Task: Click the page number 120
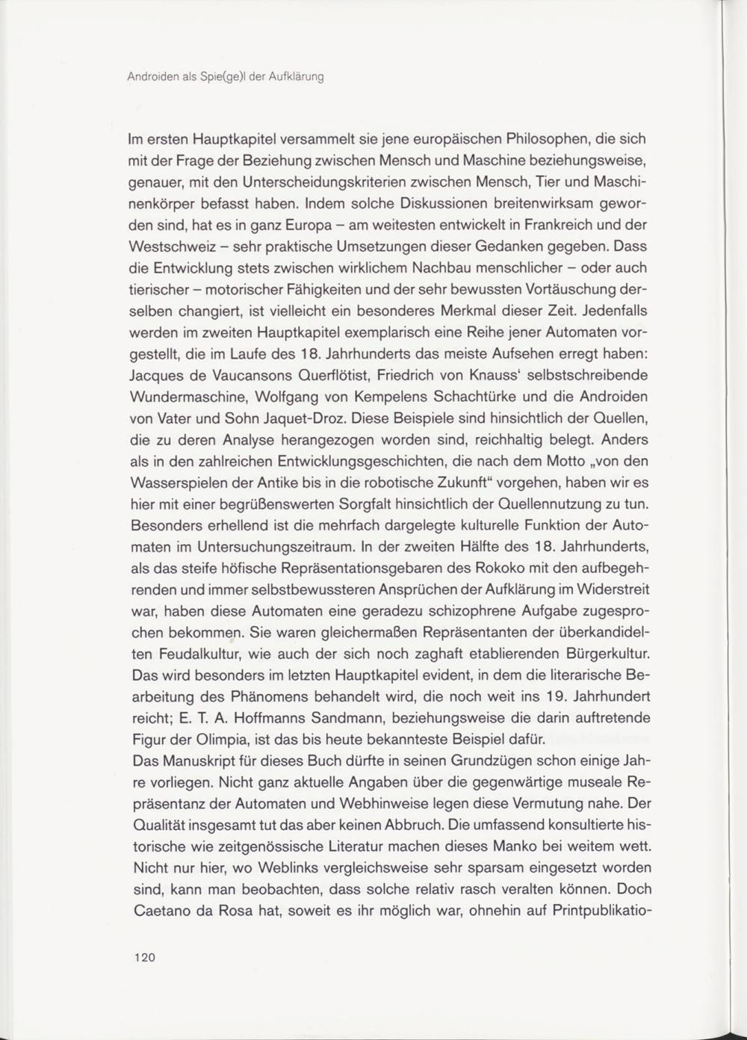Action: [144, 957]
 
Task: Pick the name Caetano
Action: [159, 911]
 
